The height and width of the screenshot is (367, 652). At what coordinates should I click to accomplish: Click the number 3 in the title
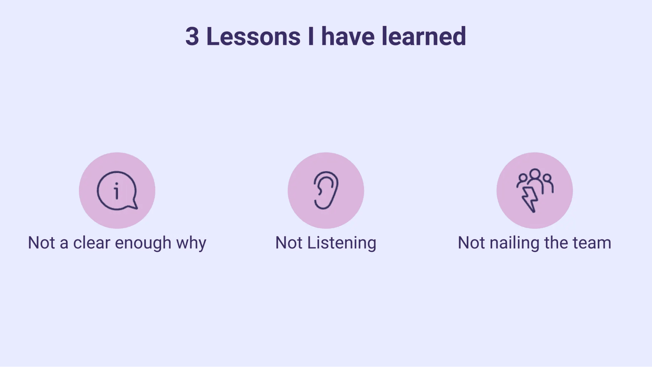[x=192, y=37]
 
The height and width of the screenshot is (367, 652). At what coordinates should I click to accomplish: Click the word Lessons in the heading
[x=253, y=37]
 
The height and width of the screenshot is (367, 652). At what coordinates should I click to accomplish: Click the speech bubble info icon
[x=117, y=191]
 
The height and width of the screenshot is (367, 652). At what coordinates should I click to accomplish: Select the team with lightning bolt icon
[x=535, y=191]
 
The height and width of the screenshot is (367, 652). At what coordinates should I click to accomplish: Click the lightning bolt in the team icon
[x=530, y=200]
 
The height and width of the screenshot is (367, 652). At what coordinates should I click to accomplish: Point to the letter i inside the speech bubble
[x=116, y=191]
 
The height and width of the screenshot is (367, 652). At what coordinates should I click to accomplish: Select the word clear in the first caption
[x=92, y=243]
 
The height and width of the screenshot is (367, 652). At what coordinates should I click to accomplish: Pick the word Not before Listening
[x=289, y=243]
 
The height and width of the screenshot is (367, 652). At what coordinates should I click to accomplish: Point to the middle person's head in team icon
[x=535, y=174]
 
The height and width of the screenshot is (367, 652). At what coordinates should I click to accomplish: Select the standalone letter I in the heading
[x=311, y=37]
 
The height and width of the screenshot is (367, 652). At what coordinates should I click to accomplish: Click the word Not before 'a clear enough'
[x=41, y=243]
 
